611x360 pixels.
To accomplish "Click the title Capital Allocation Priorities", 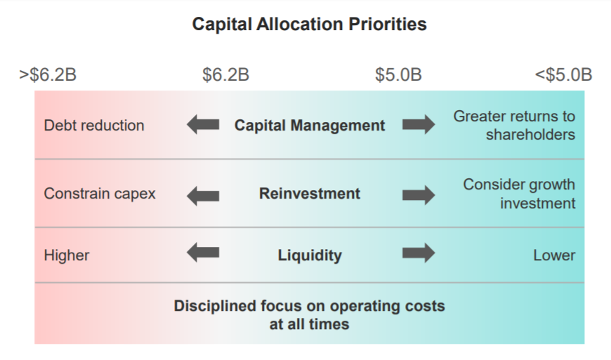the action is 310,25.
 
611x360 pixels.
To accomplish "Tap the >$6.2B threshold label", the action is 48,74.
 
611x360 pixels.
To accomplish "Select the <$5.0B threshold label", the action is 563,74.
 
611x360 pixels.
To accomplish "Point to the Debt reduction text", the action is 94,126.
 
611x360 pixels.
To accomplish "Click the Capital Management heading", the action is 310,126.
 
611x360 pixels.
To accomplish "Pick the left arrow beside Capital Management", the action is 203,124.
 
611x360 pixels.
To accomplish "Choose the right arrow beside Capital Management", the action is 419,124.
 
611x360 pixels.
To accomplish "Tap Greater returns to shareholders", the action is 514,126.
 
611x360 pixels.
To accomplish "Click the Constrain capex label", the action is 100,194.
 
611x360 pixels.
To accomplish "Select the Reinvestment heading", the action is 310,194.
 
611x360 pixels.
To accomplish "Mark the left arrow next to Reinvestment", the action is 203,195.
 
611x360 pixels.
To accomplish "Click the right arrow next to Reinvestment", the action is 419,195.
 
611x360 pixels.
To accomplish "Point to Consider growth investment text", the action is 519,194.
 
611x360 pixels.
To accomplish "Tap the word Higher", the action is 67,255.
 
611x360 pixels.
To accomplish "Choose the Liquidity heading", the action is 310,255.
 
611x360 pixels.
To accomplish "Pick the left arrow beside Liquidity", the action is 203,253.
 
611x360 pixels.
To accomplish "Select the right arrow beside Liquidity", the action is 419,253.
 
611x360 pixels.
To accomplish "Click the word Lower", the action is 554,255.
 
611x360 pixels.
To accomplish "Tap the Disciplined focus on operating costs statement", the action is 310,315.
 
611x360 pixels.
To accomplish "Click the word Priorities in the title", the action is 388,25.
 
